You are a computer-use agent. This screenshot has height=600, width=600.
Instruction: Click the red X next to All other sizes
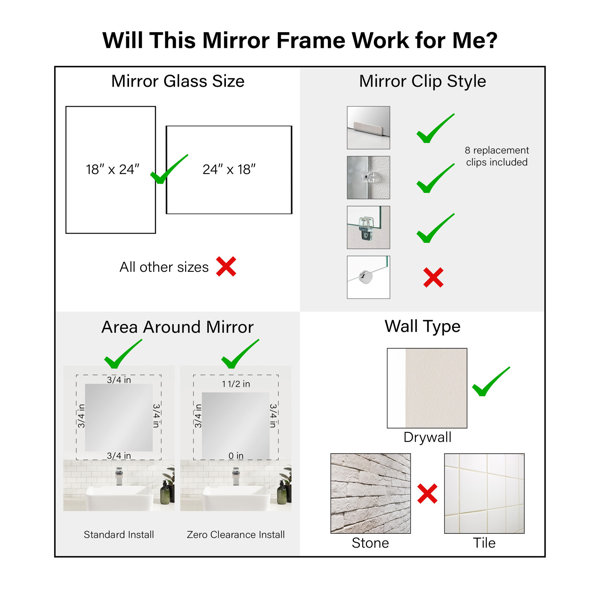point(226,267)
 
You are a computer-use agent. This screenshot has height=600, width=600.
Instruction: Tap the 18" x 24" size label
point(112,169)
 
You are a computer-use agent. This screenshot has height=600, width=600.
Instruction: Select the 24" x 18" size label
point(229,169)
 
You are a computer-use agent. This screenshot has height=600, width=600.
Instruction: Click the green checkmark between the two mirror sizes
point(169,169)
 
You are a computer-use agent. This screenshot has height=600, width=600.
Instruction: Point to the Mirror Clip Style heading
point(422,82)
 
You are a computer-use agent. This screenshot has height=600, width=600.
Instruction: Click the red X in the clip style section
point(433,277)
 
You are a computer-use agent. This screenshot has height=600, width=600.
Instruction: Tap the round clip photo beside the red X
point(368,277)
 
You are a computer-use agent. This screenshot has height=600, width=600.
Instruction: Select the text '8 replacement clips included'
point(497,156)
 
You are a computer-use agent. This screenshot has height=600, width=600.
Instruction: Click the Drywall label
point(427,437)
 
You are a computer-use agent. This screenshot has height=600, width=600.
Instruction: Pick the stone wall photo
point(370,494)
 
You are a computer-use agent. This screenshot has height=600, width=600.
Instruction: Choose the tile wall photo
point(484,494)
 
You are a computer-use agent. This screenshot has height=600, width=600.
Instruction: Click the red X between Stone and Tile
point(427,494)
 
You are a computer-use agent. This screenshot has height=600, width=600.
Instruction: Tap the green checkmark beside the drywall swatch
point(491,382)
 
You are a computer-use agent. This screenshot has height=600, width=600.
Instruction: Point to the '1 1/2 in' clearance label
point(236,384)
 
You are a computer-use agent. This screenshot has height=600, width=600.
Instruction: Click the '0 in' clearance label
point(236,456)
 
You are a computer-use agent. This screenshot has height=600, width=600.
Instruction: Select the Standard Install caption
point(119,535)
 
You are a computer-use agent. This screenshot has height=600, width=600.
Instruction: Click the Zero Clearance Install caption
point(236,535)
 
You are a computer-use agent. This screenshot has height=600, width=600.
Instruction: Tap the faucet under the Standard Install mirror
point(119,478)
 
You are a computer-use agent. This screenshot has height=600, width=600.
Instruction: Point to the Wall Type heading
point(422,327)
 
